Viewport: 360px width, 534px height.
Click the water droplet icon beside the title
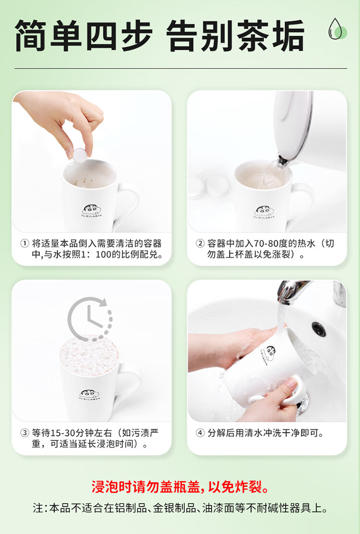click(x=337, y=29)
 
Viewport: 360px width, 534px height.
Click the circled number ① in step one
click(x=24, y=244)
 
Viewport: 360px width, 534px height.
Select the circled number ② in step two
click(x=200, y=244)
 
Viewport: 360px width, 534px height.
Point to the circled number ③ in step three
click(x=24, y=433)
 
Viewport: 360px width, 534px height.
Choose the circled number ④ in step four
click(x=200, y=433)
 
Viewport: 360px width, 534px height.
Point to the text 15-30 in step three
click(x=63, y=433)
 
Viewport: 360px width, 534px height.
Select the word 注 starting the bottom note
click(x=38, y=508)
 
